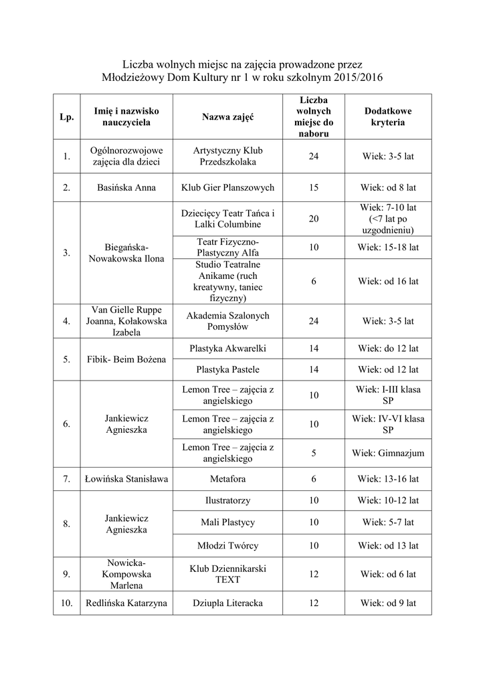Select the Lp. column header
coord(66,117)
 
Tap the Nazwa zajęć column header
coord(227,117)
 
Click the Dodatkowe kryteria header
coord(388,117)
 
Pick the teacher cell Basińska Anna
coord(126,188)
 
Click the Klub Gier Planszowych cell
coord(227,188)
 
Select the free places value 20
coord(314,219)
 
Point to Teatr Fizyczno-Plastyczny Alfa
coord(227,247)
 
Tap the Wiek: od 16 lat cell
coord(388,282)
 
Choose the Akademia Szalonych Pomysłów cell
coord(227,321)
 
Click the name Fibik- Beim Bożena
coord(126,359)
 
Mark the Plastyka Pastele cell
coord(227,369)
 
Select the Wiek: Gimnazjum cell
coord(388,453)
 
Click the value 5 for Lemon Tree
coord(314,453)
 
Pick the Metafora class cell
coord(227,479)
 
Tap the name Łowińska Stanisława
coord(126,479)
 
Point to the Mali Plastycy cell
coord(227,522)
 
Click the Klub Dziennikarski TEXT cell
coord(227,574)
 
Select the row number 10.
coord(66,603)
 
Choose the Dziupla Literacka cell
coord(227,603)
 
